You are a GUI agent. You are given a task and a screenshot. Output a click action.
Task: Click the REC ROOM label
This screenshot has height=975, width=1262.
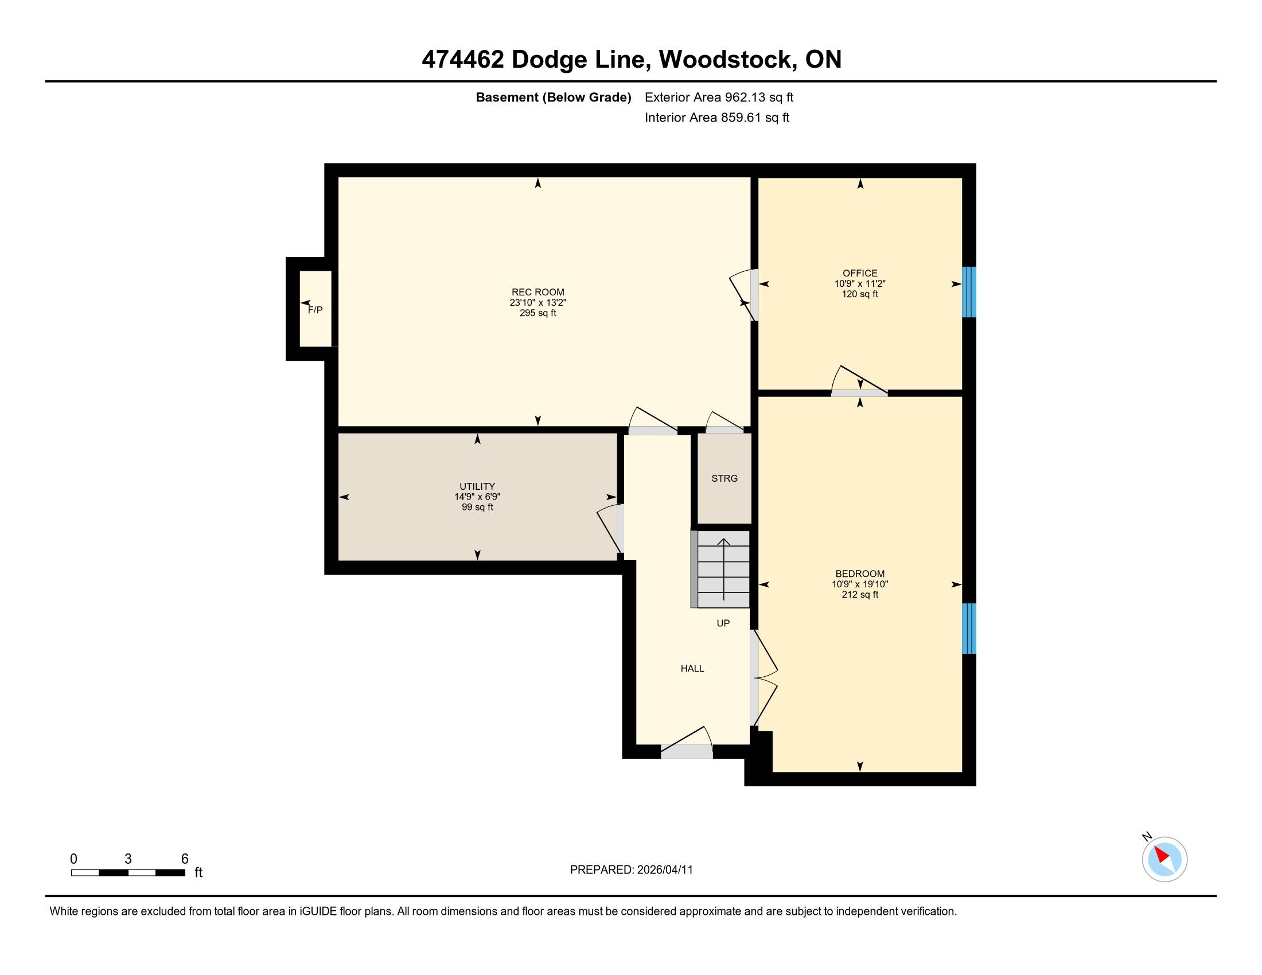(537, 292)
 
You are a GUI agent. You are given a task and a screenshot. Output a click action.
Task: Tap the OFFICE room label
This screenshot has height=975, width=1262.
(860, 273)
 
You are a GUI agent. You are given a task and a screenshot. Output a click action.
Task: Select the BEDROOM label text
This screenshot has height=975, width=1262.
(860, 574)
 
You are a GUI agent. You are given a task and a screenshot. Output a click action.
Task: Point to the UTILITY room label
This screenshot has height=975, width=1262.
(477, 486)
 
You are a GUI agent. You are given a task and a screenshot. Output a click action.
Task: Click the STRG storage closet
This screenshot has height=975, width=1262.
(725, 478)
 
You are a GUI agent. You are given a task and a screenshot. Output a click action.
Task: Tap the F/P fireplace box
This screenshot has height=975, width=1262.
(315, 309)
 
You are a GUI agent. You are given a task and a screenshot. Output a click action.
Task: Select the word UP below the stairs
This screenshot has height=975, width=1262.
(723, 623)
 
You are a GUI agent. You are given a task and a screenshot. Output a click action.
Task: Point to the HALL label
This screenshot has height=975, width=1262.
(692, 668)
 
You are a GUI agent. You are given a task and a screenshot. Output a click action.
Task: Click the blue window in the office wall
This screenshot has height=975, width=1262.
(969, 292)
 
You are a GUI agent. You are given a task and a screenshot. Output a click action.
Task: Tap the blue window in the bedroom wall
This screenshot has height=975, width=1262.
(969, 629)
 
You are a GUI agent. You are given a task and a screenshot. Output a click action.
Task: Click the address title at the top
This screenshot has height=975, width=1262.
(631, 60)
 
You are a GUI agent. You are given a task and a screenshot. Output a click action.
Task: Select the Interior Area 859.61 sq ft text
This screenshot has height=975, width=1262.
(716, 118)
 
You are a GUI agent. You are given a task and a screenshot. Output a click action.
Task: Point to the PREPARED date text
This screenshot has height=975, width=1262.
(631, 870)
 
